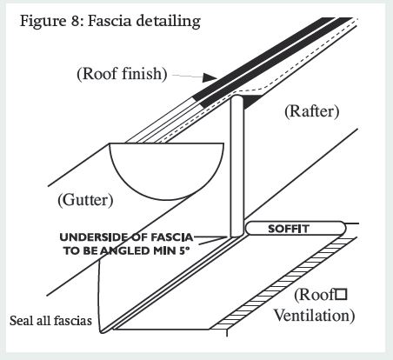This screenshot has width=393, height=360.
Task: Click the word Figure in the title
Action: coord(43,21)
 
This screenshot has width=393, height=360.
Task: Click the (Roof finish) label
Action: coord(122,74)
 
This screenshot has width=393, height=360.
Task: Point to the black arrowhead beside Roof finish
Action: coord(210,77)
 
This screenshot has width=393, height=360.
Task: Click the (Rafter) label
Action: coord(311,111)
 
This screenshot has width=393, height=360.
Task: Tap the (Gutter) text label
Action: coord(85,200)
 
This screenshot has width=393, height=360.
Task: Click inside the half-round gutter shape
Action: coord(167,168)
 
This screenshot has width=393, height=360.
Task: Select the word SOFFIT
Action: coord(289,229)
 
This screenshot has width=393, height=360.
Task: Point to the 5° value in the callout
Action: coord(184,250)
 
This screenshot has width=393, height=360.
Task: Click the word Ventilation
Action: coord(315,316)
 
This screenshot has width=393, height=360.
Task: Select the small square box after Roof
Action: coord(341,295)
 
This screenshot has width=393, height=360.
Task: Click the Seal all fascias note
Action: coord(50,321)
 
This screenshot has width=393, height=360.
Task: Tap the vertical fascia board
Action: coord(237,166)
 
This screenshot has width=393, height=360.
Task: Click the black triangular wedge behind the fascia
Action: coord(250,101)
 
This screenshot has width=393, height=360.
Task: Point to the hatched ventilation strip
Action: coord(283,283)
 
